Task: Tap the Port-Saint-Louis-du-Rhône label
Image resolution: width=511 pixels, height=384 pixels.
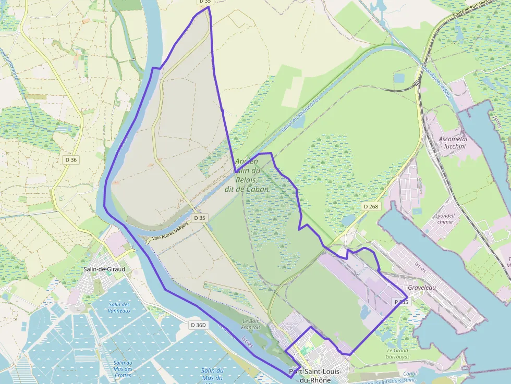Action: [315, 375]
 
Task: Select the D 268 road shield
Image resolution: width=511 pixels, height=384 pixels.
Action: [371, 207]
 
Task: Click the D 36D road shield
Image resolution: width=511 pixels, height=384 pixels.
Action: [199, 325]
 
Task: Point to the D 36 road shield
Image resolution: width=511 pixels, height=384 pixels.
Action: [71, 159]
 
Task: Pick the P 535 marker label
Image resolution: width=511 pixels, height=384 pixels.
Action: [401, 302]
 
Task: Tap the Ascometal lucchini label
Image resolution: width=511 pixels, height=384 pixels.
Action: [453, 143]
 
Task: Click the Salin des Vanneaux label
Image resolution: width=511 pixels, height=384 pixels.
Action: [120, 307]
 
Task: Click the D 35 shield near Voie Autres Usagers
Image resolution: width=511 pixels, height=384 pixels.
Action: [199, 217]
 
